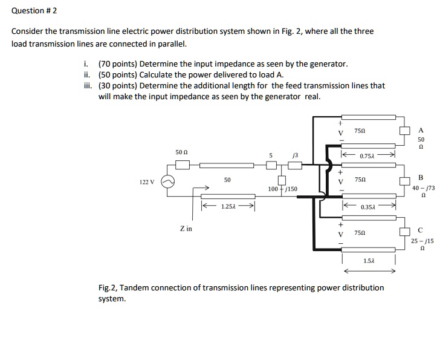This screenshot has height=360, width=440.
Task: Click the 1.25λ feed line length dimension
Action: [228, 206]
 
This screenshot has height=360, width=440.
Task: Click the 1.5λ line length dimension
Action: [369, 260]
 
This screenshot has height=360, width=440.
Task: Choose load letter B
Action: [421, 177]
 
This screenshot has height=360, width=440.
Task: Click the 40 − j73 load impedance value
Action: [422, 188]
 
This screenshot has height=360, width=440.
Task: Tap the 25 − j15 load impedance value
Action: [422, 241]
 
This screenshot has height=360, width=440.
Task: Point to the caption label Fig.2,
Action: [110, 287]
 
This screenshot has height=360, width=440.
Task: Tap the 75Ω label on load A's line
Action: [359, 131]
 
